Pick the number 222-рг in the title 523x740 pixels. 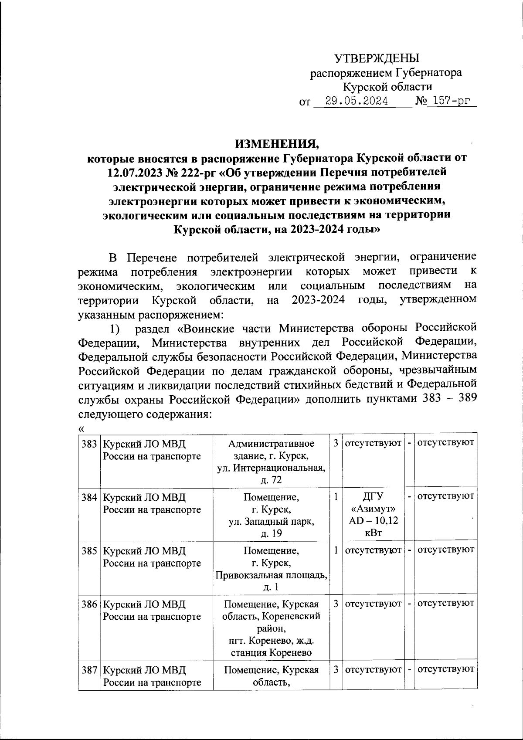(x=196, y=172)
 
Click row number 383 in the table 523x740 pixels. (x=89, y=444)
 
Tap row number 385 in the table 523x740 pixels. (x=89, y=551)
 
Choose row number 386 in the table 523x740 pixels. (x=89, y=604)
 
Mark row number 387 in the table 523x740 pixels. (x=89, y=669)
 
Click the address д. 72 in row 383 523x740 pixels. (x=271, y=480)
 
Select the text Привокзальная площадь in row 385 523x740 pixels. (x=271, y=575)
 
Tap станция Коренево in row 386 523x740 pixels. (x=271, y=652)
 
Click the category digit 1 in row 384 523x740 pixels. (x=336, y=496)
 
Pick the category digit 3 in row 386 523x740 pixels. (x=336, y=604)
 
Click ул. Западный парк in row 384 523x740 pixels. (x=271, y=521)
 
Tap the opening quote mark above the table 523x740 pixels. (x=81, y=428)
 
